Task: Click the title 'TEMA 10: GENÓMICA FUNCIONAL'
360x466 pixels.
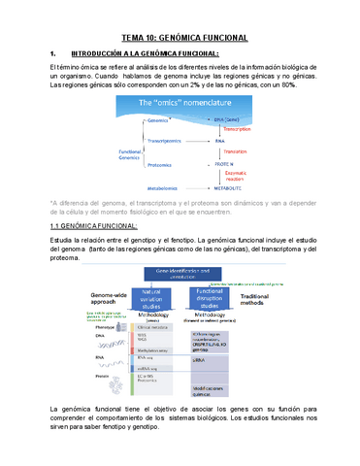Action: [180, 36]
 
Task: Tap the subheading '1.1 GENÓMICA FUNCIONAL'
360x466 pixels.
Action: [95, 225]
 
